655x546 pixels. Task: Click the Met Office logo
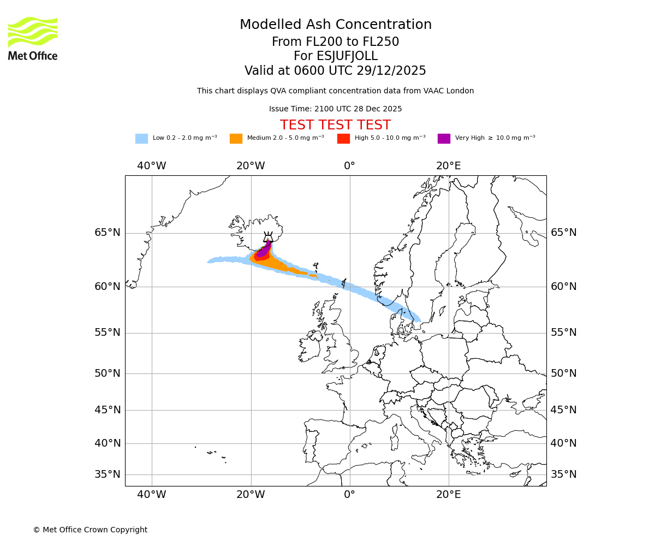33,38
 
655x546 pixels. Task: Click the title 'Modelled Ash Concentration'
336,25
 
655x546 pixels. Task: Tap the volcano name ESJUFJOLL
336,56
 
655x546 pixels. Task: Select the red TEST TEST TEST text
336,125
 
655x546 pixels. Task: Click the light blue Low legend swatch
141,138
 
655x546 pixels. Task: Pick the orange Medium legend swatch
236,138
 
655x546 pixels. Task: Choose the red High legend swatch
343,138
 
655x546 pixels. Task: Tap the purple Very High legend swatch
444,138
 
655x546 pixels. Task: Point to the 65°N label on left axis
108,233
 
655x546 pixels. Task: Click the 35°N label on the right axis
563,474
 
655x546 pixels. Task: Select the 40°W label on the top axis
151,166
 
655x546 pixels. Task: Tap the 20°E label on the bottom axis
448,495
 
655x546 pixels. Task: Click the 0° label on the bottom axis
349,495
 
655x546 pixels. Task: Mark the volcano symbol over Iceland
268,237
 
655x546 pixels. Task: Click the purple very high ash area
264,251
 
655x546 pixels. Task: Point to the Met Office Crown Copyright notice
90,530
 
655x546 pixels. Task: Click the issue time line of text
336,109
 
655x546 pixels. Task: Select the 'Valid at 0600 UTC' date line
336,71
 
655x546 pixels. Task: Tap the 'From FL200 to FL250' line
336,42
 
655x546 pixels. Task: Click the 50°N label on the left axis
108,373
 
